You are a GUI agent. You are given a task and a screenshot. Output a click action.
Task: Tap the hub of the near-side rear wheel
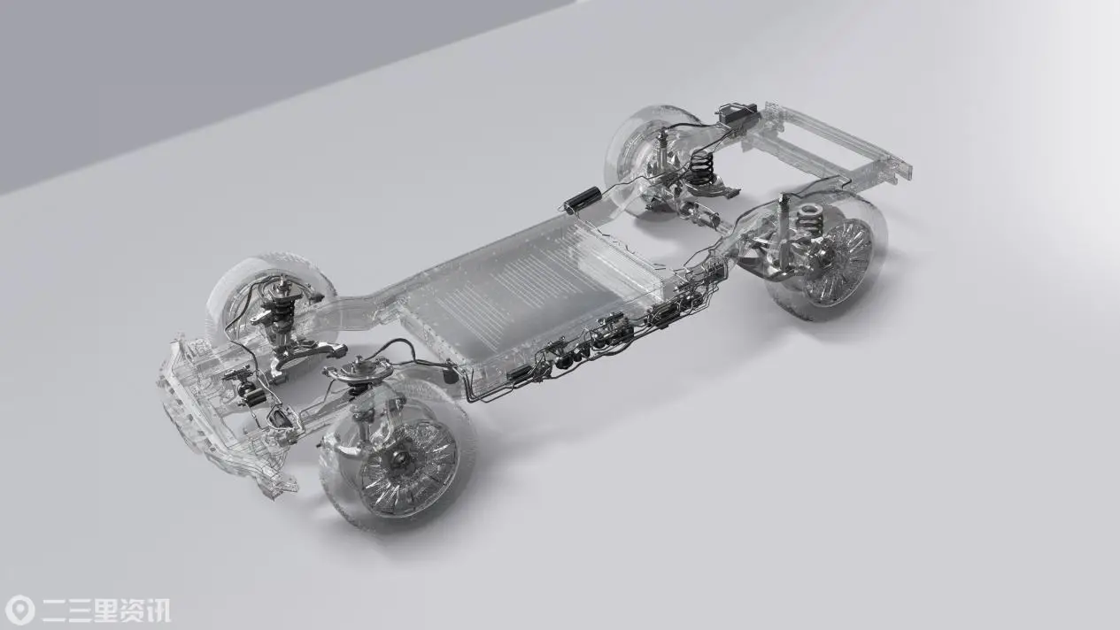pyautogui.click(x=824, y=258)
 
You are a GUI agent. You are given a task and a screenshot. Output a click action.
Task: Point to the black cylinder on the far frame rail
pyautogui.click(x=582, y=199)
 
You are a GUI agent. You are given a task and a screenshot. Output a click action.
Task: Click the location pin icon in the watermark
pyautogui.click(x=20, y=610)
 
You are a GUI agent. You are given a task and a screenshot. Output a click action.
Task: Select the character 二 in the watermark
pyautogui.click(x=55, y=611)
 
